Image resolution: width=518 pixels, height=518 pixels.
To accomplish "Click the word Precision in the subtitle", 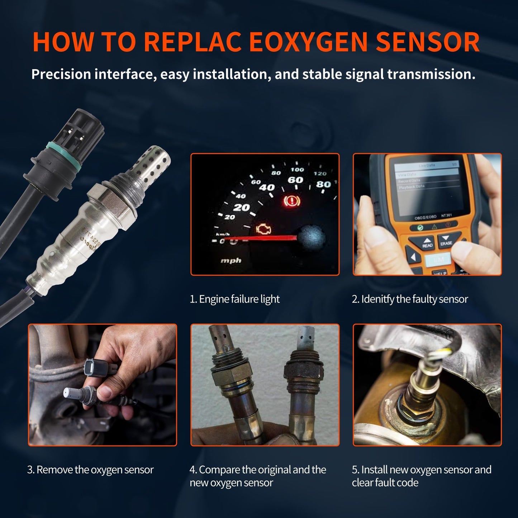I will coord(61,74).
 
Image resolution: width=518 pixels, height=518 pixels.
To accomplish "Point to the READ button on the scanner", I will coord(427,243).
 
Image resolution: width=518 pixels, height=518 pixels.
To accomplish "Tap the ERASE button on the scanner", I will coord(446,241).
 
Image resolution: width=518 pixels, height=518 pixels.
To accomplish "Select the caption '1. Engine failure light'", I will coord(234,299).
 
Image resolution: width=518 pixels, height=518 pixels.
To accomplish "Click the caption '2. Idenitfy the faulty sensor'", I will coord(410,299).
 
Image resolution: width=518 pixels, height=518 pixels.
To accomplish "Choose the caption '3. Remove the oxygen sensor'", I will coord(90,470).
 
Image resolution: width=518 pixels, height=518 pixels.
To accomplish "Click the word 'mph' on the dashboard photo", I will coord(231,261).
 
